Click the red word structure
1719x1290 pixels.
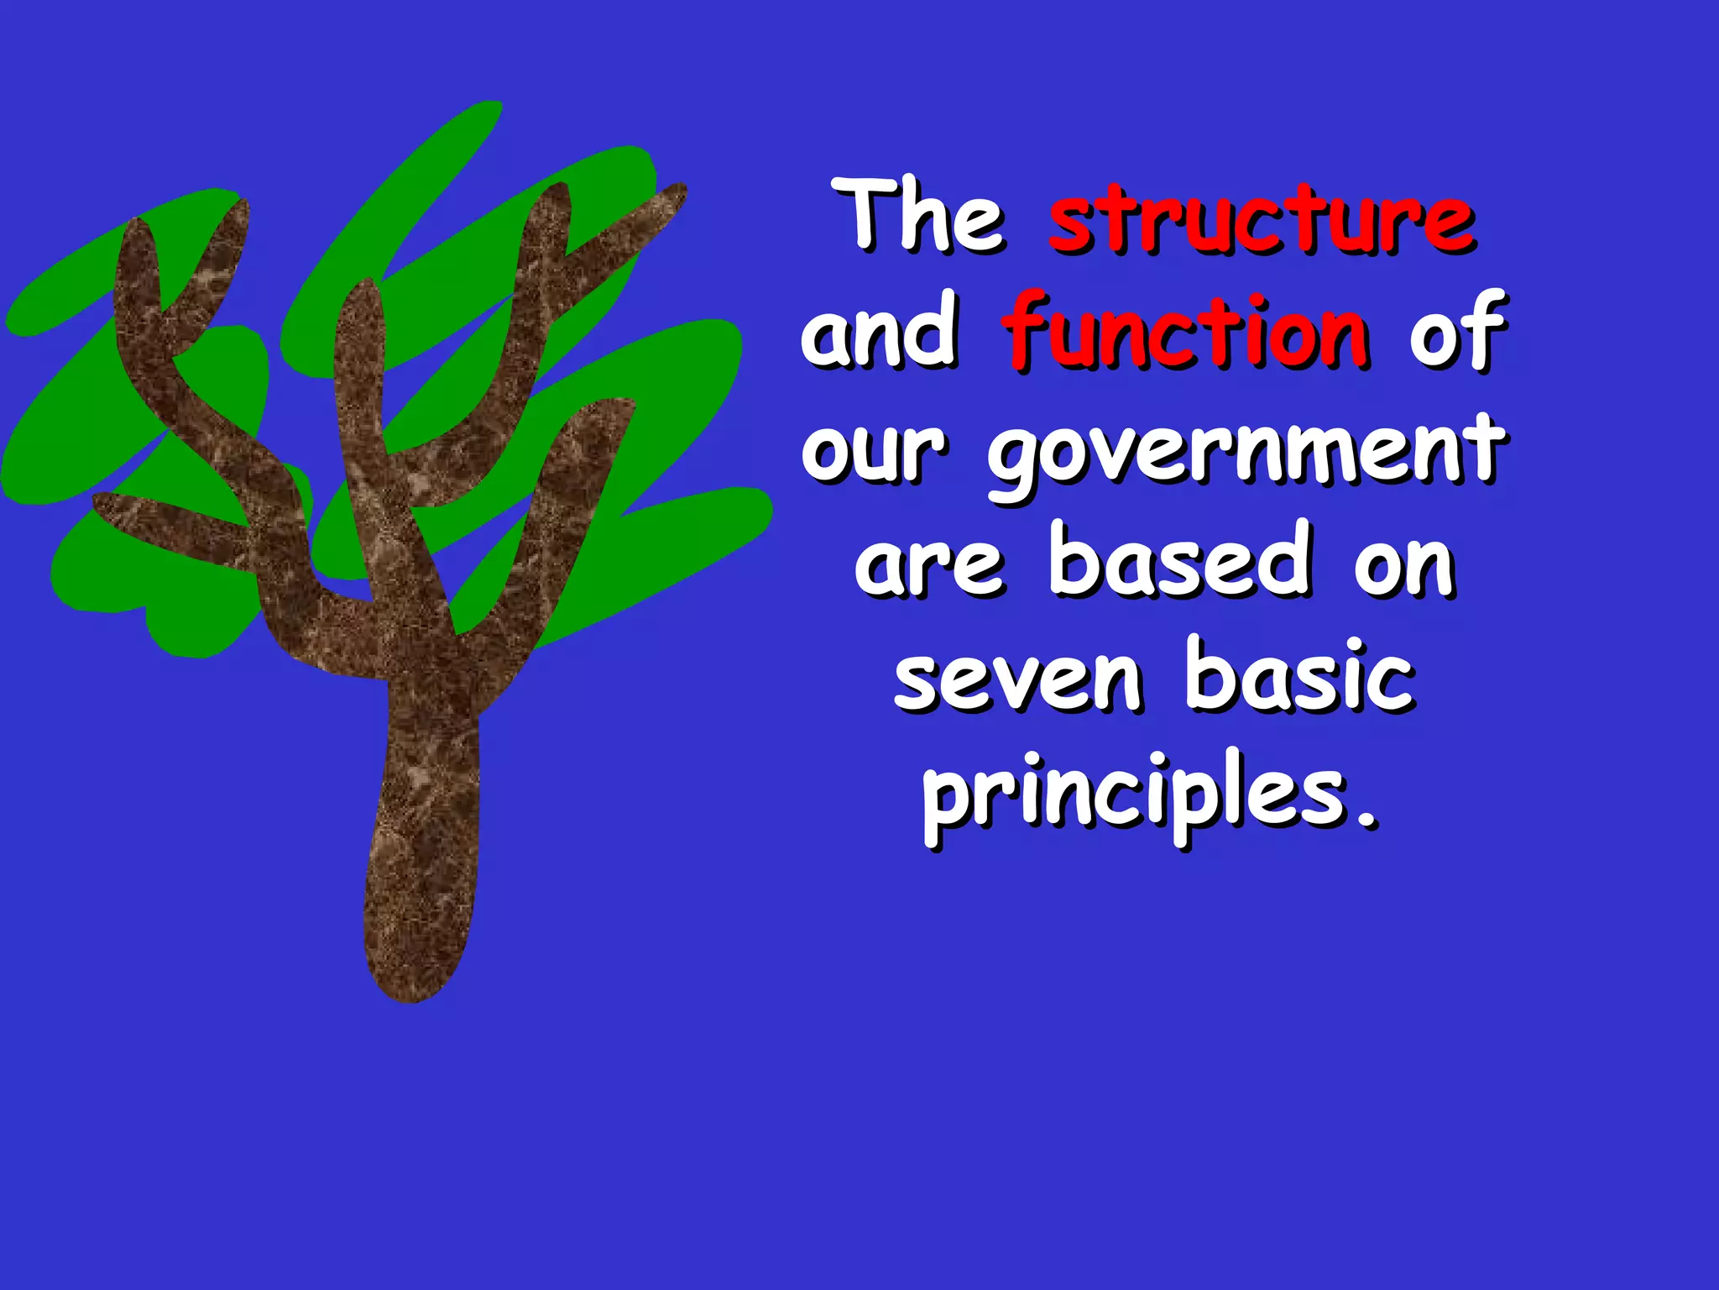1262,220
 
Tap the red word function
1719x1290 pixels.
1187,333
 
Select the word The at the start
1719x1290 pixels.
923,217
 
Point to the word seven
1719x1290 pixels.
1018,680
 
